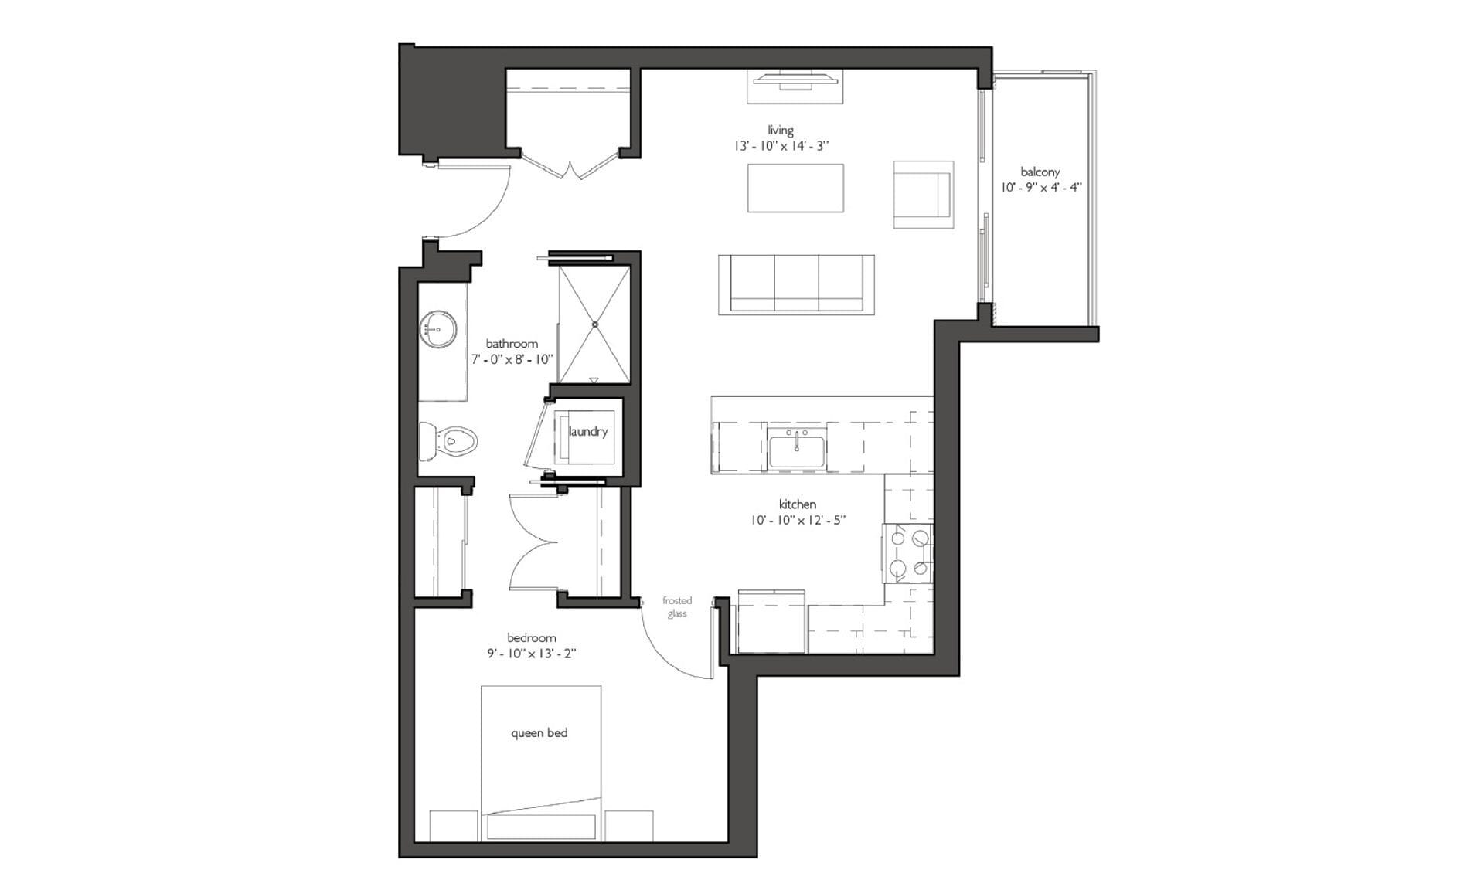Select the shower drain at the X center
click(x=594, y=324)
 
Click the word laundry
click(x=588, y=431)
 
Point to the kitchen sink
click(x=797, y=447)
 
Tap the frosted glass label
click(x=677, y=607)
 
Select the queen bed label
click(x=539, y=732)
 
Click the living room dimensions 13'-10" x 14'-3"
click(x=781, y=145)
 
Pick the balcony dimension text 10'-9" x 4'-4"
click(x=1040, y=187)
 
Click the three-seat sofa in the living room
click(x=796, y=284)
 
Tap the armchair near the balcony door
click(x=923, y=195)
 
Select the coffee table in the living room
click(x=795, y=188)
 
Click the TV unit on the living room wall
click(x=795, y=86)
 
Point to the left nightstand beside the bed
click(x=454, y=825)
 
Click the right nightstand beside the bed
click(x=628, y=825)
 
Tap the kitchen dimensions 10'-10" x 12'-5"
click(x=798, y=520)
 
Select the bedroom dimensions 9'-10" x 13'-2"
click(x=532, y=653)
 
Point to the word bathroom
click(x=512, y=344)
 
